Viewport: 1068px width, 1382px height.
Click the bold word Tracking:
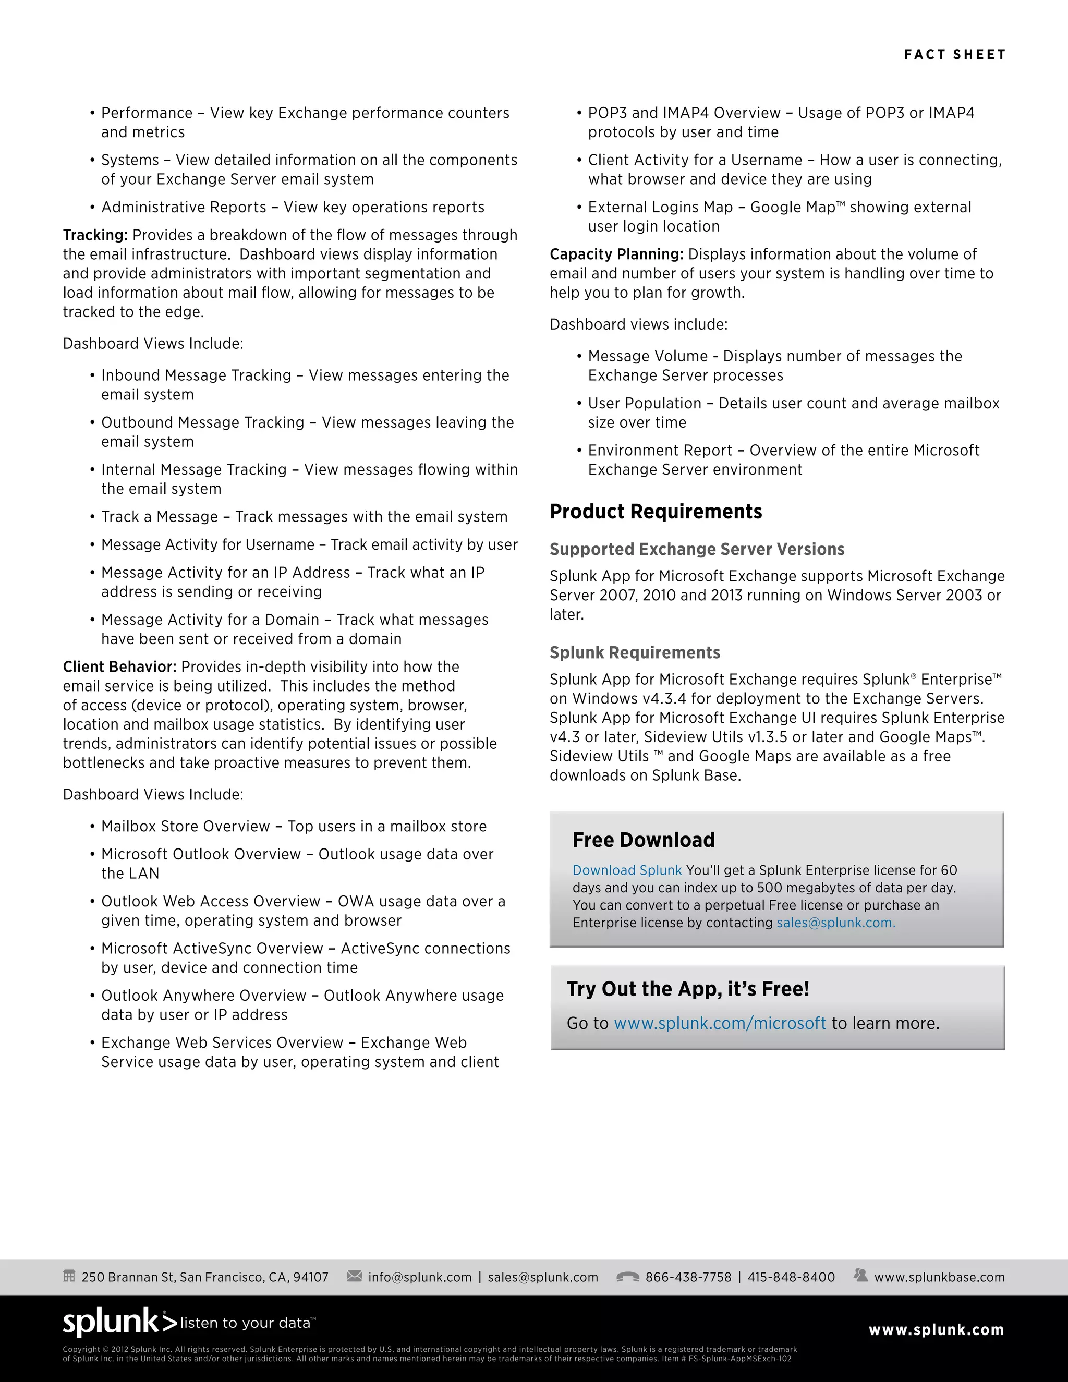95,235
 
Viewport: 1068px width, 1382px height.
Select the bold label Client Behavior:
119,667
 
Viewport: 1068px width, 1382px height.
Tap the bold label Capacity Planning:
616,254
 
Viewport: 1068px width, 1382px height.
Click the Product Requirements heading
656,511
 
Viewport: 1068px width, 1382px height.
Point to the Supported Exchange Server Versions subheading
697,549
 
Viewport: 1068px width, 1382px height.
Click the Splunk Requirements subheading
635,652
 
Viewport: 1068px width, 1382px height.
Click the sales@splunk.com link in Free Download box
835,923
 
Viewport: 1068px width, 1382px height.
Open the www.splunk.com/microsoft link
720,1023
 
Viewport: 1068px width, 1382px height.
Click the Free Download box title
644,840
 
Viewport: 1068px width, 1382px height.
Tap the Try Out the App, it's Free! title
688,988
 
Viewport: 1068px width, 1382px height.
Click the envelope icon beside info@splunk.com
354,1276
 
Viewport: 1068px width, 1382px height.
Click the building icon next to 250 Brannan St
69,1276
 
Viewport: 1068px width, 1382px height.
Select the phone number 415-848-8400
791,1277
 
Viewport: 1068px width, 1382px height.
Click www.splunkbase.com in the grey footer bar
939,1277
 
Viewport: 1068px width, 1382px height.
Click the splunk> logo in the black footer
119,1322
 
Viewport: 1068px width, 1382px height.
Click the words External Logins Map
660,208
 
